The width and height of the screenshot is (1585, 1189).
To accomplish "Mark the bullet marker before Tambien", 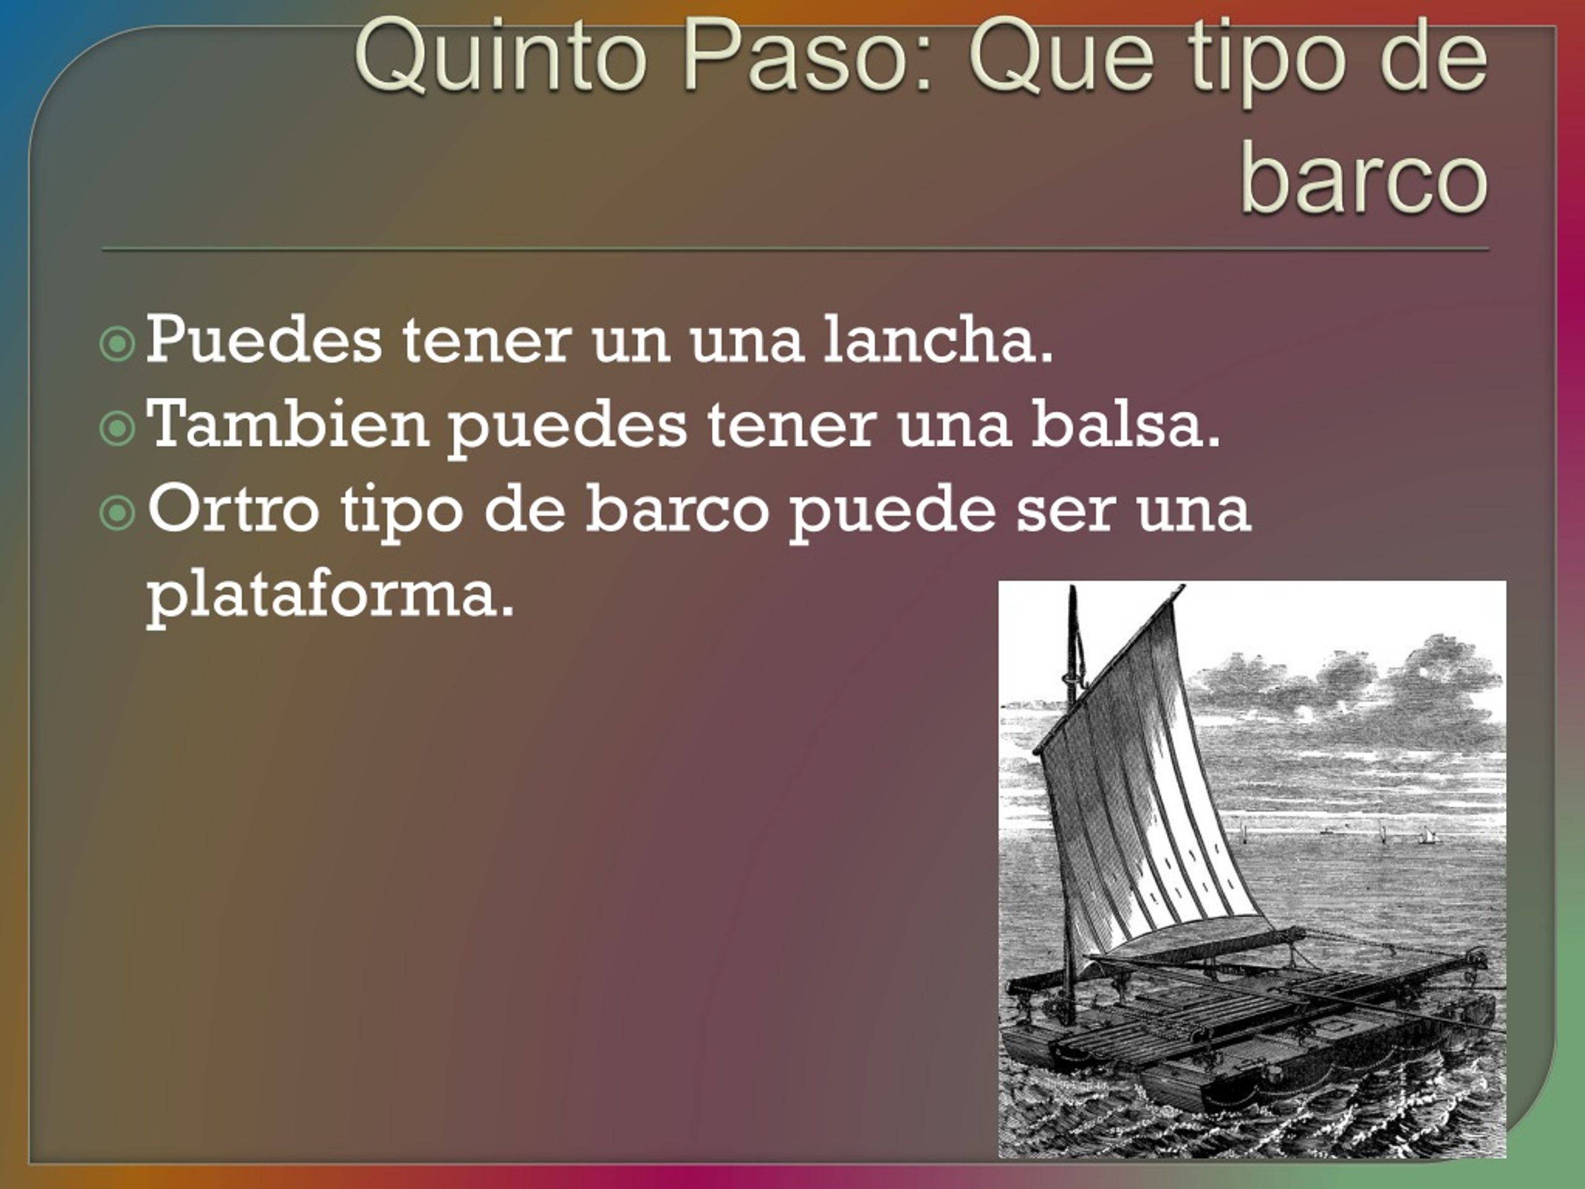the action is coord(117,429).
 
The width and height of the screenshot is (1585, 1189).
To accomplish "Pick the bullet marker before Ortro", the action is coord(117,513).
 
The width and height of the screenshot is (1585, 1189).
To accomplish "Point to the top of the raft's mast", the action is coord(1073,589).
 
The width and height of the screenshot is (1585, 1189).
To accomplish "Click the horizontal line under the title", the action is coord(796,250).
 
